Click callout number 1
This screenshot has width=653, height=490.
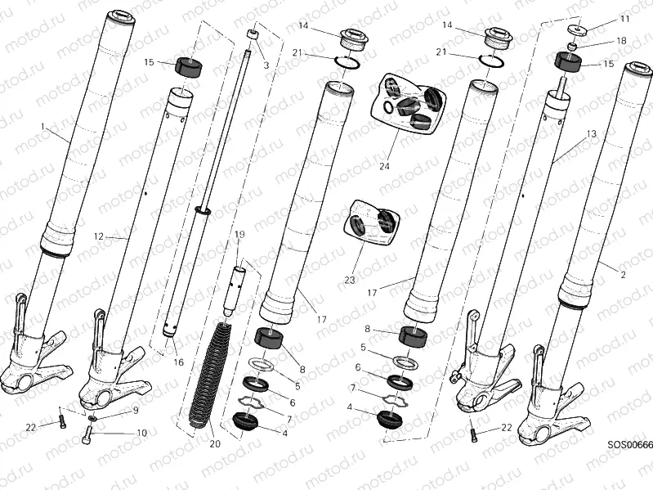click(x=43, y=126)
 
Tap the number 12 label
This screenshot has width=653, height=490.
click(x=98, y=236)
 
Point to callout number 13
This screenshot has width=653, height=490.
click(x=591, y=133)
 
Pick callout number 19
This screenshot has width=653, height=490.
click(x=239, y=235)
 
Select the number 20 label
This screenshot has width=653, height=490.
click(x=215, y=444)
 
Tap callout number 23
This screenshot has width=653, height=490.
click(x=350, y=280)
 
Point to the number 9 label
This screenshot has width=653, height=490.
click(x=136, y=410)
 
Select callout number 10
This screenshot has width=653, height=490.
click(x=141, y=433)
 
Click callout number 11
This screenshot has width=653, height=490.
click(x=624, y=18)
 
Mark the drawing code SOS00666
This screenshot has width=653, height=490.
click(x=629, y=444)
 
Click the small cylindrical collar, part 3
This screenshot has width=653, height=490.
click(x=253, y=35)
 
